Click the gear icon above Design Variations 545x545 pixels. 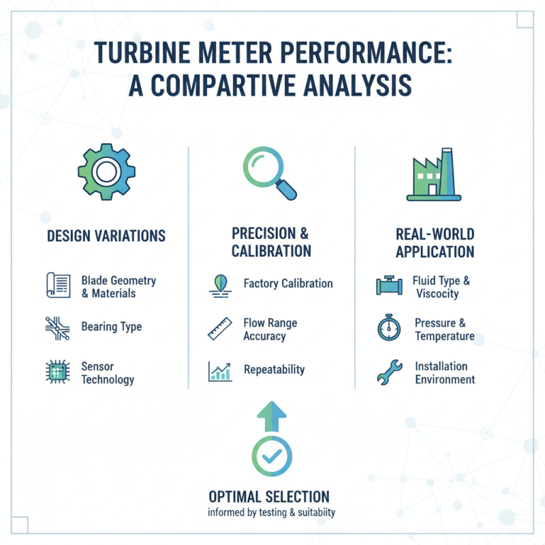(x=106, y=172)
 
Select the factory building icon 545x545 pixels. (x=434, y=176)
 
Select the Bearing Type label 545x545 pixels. (x=111, y=326)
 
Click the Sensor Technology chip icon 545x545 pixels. (x=57, y=372)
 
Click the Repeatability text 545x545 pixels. (x=274, y=370)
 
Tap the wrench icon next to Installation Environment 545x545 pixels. (x=389, y=373)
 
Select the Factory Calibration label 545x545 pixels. (x=287, y=283)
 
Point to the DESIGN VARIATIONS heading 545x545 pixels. (x=106, y=236)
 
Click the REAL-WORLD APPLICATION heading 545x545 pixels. (x=434, y=243)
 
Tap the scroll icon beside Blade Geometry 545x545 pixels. (x=57, y=285)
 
